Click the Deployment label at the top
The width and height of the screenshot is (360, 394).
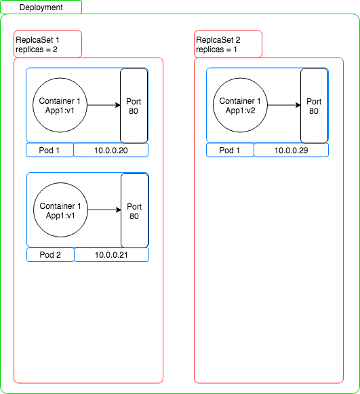(41, 7)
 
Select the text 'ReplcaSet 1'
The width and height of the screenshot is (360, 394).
(37, 40)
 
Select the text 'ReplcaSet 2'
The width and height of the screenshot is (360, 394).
(218, 40)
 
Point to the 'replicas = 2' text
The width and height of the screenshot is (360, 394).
(37, 50)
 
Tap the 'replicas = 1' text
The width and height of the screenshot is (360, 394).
(216, 50)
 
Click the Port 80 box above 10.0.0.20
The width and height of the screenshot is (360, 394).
(134, 106)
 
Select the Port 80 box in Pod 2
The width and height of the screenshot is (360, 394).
(135, 211)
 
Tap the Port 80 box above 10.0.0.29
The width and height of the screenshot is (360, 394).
(315, 106)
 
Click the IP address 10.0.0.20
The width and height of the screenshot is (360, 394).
(111, 151)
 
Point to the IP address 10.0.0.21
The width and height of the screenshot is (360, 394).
(111, 255)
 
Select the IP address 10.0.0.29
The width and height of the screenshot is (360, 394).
(291, 151)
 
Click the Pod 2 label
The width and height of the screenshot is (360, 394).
(50, 255)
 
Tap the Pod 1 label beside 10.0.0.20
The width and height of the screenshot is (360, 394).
(49, 151)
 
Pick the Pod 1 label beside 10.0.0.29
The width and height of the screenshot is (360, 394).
(229, 151)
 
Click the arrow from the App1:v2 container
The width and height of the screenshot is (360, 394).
(284, 105)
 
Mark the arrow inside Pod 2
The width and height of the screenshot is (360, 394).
(104, 210)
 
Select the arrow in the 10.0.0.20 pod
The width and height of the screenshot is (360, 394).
(104, 105)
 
